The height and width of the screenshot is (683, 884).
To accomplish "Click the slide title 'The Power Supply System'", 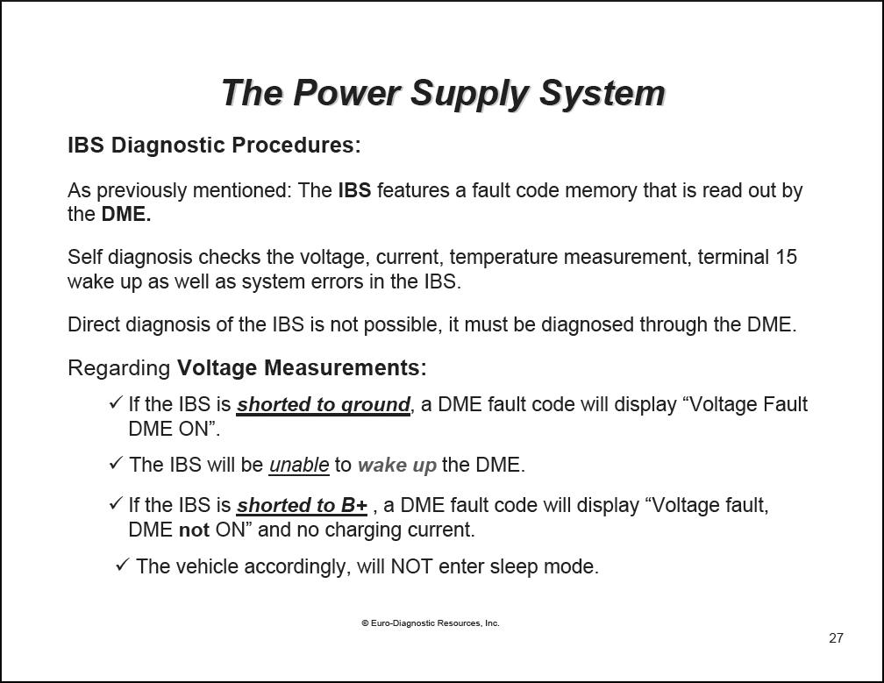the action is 443,93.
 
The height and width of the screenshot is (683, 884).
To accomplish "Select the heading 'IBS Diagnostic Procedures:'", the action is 214,146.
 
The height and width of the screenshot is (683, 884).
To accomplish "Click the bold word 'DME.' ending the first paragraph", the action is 126,215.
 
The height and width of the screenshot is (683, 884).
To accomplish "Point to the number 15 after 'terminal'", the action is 786,257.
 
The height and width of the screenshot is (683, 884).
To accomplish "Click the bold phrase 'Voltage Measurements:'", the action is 302,368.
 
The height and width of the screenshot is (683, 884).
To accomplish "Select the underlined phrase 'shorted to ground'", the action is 323,405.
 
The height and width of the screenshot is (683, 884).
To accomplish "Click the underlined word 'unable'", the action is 299,465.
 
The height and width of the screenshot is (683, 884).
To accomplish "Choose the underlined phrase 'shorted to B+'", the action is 302,506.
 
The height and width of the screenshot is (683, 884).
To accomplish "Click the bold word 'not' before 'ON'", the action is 194,530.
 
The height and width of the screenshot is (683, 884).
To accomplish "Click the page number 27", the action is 836,638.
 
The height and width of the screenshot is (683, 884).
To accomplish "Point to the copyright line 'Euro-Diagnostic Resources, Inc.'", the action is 430,623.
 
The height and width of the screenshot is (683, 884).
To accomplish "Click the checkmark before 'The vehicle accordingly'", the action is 123,565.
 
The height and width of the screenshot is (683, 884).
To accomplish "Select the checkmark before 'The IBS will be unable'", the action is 116,463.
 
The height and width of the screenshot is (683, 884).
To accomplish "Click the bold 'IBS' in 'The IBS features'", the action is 354,190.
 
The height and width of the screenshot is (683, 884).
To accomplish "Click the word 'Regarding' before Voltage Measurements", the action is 119,368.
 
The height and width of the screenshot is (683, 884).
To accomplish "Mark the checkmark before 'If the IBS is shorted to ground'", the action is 116,402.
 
